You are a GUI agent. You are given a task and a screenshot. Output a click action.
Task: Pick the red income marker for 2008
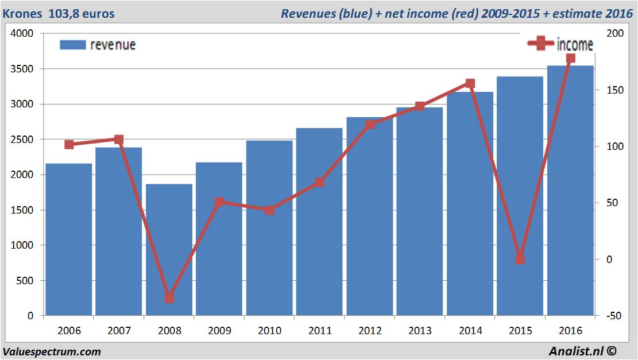[x=169, y=298]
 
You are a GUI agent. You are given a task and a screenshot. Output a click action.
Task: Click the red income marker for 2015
[x=520, y=259]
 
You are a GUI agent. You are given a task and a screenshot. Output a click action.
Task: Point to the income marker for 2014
[x=470, y=84]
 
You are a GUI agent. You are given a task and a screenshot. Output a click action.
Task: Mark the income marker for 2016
[x=570, y=58]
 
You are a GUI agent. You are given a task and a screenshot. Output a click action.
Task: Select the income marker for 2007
[x=119, y=140]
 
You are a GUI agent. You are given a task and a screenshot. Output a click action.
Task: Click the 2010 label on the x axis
[x=269, y=331]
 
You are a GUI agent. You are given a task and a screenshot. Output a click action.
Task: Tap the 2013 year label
[x=420, y=331]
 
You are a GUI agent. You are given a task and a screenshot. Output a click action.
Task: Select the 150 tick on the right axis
[x=614, y=90]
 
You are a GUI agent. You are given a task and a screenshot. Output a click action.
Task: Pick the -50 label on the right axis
[x=613, y=316]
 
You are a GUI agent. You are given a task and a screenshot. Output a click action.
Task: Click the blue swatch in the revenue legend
[x=72, y=45]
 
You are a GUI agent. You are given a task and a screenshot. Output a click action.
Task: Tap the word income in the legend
[x=574, y=45]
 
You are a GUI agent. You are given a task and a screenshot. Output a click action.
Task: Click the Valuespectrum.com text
[x=52, y=351]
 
